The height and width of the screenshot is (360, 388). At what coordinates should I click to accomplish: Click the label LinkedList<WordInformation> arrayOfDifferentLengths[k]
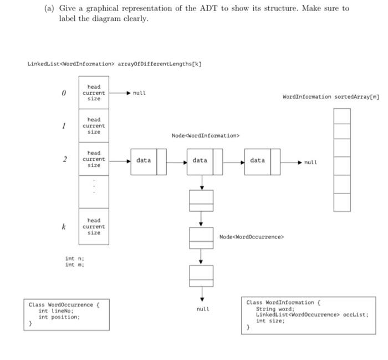[114, 63]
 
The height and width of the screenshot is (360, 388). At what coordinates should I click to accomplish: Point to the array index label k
[64, 227]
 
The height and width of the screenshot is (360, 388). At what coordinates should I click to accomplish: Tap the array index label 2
[64, 160]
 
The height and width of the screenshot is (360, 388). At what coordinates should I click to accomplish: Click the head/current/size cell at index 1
[94, 126]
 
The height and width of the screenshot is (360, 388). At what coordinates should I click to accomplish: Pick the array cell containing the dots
[94, 191]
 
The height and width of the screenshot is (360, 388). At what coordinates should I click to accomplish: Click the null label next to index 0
[139, 93]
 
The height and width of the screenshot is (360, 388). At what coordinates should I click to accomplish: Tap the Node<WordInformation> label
[206, 135]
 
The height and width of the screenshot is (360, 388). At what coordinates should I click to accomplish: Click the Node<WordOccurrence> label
[251, 237]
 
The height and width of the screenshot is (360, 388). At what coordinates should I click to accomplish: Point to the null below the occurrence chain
[202, 308]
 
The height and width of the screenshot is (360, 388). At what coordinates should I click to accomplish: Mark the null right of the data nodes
[310, 163]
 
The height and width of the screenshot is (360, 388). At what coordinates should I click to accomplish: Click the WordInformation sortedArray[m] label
[330, 97]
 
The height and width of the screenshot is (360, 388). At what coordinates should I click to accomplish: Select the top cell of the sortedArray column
[342, 116]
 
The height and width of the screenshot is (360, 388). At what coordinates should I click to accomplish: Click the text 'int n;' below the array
[74, 258]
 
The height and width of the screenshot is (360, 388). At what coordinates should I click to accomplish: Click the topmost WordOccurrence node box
[201, 200]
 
